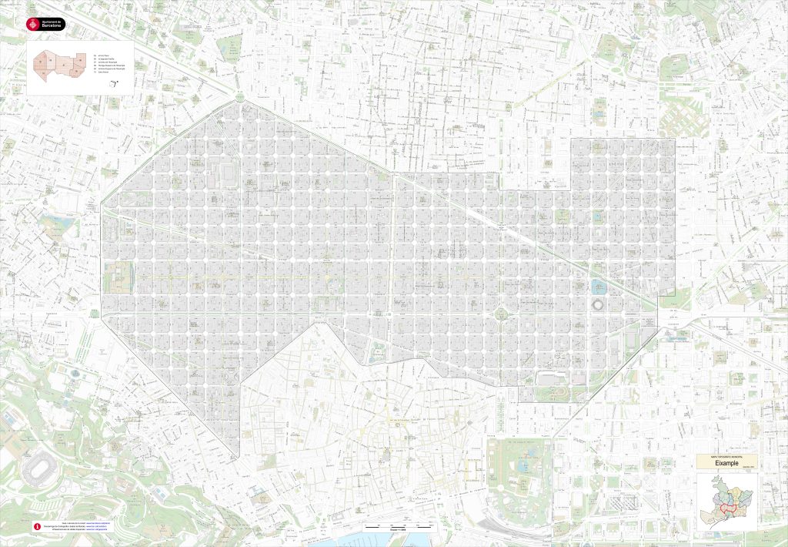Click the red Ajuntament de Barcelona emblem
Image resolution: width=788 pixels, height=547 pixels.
coord(32,24)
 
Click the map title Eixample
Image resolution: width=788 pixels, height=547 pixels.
coord(727,463)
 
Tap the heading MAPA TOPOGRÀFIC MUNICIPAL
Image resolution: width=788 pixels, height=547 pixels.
coord(727,457)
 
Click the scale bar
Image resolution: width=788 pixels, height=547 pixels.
coord(394,525)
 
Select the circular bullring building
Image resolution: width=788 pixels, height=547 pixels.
coord(599,306)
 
